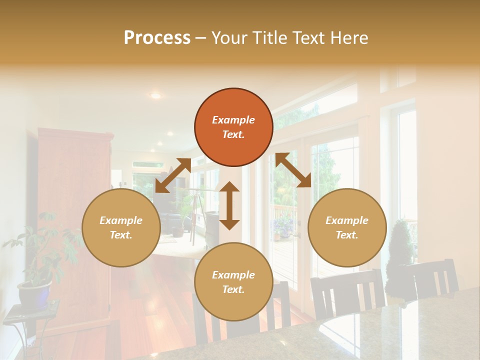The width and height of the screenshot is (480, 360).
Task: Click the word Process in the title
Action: (157, 38)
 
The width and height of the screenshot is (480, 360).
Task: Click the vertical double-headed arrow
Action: (229, 205)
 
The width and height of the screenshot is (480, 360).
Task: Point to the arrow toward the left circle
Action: (173, 175)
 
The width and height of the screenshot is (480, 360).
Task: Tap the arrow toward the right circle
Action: (293, 170)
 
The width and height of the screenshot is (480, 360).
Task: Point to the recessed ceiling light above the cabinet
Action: (156, 95)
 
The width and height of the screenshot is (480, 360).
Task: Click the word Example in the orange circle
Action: (233, 120)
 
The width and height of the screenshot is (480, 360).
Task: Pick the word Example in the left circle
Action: (121, 220)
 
